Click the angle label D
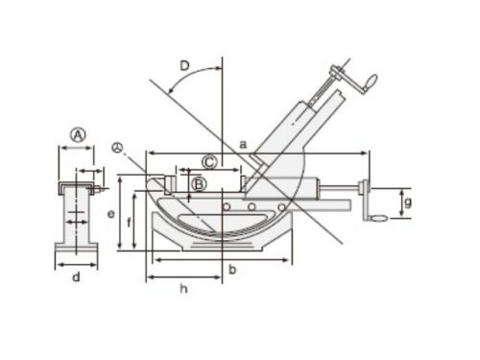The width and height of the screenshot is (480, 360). pos(184,66)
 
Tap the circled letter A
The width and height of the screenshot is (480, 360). pos(78,135)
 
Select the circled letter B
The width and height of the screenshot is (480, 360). pos(199,184)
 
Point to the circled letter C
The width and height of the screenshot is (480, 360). pos(210,162)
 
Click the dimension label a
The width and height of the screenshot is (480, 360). pos(243,145)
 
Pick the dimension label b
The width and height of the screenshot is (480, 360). pos(232,270)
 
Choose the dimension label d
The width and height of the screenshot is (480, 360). pos(76,276)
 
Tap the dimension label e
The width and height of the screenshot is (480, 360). pos(110,214)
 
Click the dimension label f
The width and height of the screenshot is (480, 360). pos(129,222)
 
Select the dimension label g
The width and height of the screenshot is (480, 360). pos(408,203)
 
